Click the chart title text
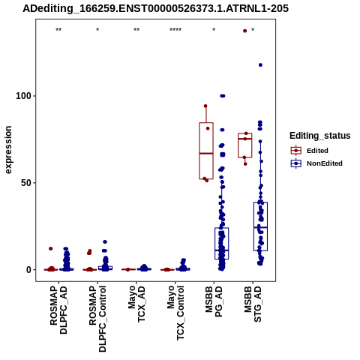155,8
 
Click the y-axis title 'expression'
8,150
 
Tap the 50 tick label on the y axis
26,183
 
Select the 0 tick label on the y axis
28,270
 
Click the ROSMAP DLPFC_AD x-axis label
58,310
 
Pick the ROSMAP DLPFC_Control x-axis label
97,319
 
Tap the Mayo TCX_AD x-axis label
136,304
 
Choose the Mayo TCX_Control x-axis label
175,313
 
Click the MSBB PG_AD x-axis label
214,301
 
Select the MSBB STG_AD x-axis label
253,304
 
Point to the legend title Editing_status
320,136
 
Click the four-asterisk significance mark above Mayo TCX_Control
175,30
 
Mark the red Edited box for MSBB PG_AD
206,151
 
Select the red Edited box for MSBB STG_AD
245,145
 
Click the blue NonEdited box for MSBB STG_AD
260,226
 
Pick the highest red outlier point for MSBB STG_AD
245,31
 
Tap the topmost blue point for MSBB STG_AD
260,65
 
